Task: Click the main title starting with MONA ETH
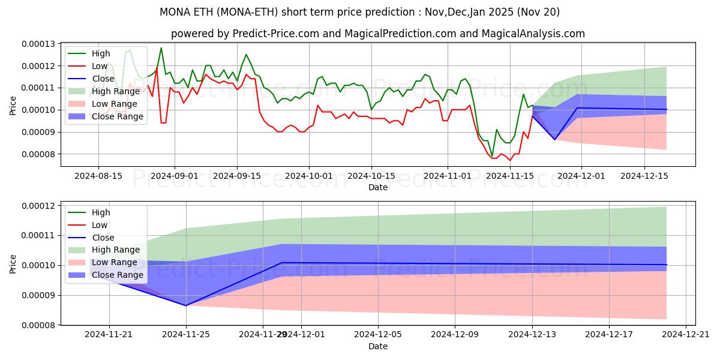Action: pyautogui.click(x=360, y=12)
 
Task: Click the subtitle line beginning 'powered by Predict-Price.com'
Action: pyautogui.click(x=378, y=34)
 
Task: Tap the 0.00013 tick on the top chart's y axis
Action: pyautogui.click(x=38, y=44)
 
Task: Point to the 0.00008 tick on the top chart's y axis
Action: pyautogui.click(x=38, y=154)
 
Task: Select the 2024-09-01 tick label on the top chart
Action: pyautogui.click(x=175, y=176)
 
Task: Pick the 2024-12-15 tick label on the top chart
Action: pyautogui.click(x=644, y=176)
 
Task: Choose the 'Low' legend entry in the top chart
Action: pyautogui.click(x=99, y=66)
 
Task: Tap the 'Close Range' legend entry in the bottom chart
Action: pyautogui.click(x=117, y=275)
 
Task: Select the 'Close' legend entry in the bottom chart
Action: pyautogui.click(x=103, y=238)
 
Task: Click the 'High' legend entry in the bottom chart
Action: pyautogui.click(x=101, y=212)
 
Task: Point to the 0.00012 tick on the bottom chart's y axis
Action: pyautogui.click(x=38, y=206)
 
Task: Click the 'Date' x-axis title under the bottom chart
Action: pyautogui.click(x=378, y=347)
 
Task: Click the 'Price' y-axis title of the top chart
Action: pyautogui.click(x=13, y=106)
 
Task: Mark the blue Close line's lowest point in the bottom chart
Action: pyautogui.click(x=185, y=305)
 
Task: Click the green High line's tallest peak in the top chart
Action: pyautogui.click(x=161, y=48)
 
